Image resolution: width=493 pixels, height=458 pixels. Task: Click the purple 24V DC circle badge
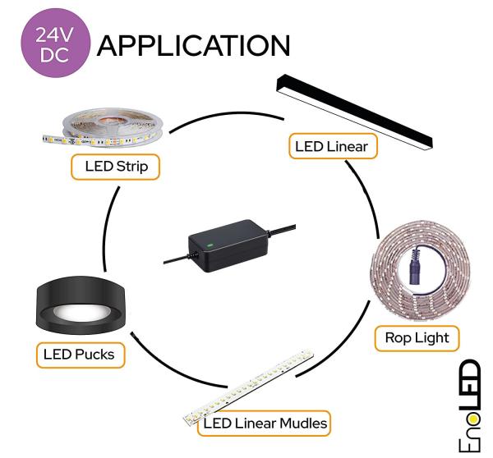(x=56, y=43)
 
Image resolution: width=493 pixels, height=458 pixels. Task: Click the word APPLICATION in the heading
(x=193, y=46)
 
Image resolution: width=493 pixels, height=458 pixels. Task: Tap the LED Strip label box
(x=115, y=167)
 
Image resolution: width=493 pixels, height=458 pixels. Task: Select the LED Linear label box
(x=333, y=146)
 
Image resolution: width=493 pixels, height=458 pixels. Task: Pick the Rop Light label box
(x=417, y=338)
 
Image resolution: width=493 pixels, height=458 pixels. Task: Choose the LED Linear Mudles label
(x=264, y=424)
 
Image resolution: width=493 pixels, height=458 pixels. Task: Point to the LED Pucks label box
(x=81, y=355)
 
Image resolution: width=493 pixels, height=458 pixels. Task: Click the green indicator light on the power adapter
(x=209, y=245)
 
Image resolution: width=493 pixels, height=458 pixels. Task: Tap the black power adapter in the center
(x=229, y=245)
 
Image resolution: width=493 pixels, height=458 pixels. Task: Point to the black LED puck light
(x=81, y=305)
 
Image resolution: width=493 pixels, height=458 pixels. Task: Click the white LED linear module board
(x=249, y=387)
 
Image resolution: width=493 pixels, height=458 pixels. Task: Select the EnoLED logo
(x=470, y=405)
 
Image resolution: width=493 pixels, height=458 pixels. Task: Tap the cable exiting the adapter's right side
(x=282, y=229)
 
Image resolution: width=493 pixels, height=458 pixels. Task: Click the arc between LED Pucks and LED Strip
(x=107, y=227)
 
